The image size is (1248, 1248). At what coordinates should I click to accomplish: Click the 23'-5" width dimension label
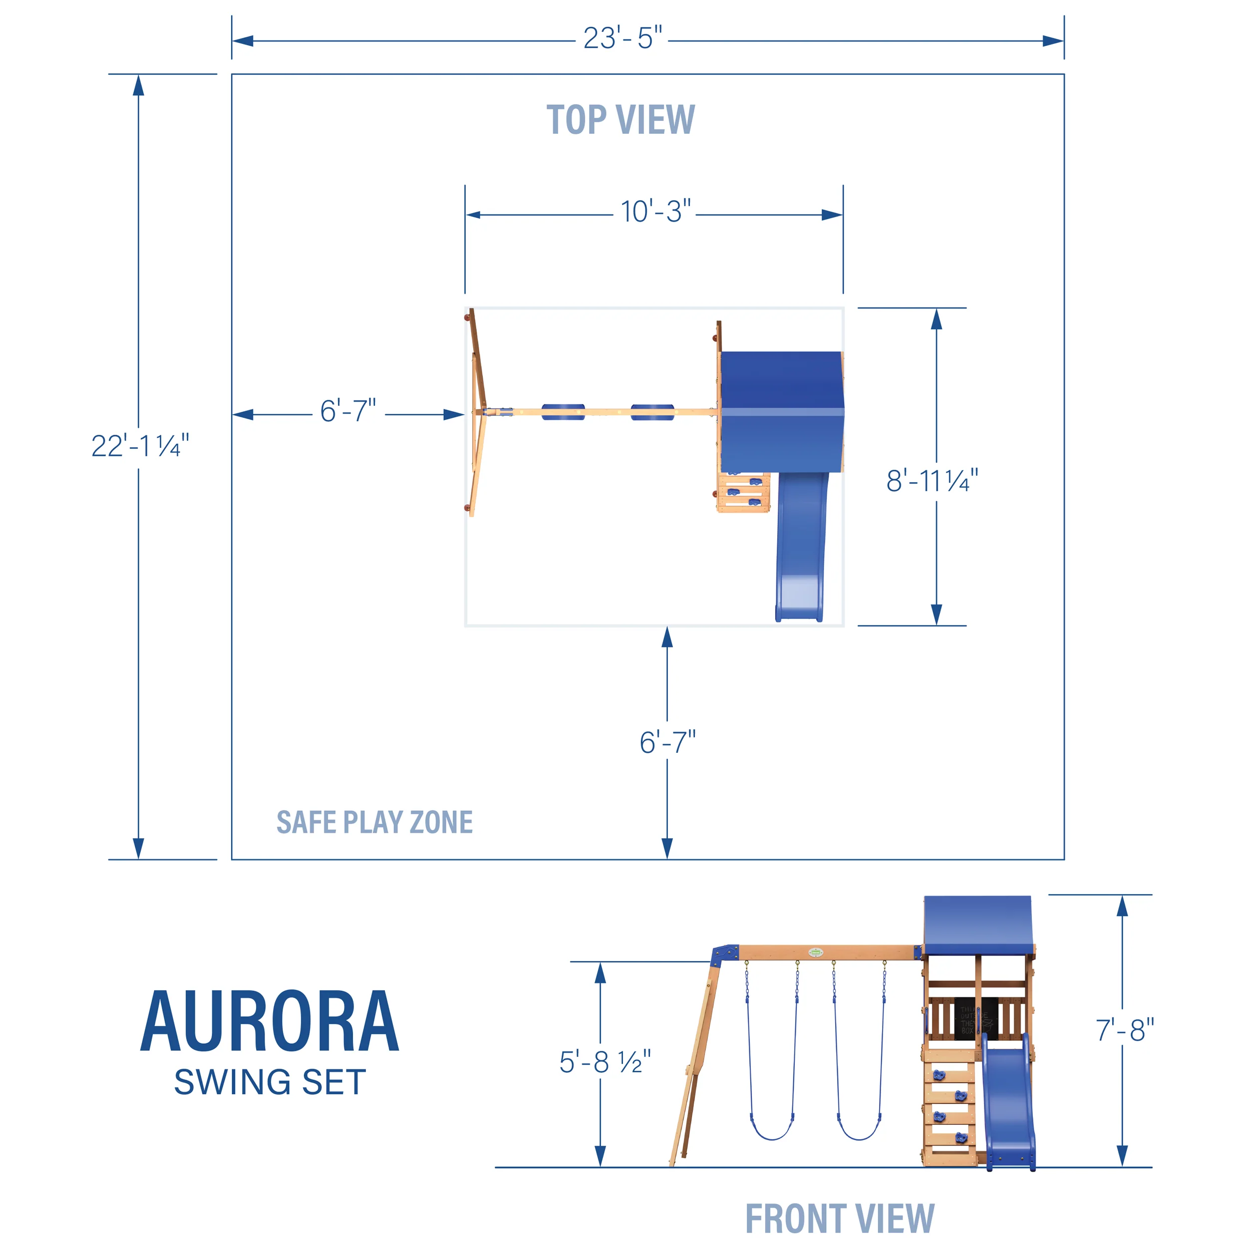[x=622, y=39]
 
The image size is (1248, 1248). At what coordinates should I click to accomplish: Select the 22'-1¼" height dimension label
[x=140, y=446]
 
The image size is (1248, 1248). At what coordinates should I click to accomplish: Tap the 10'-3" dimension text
[x=655, y=212]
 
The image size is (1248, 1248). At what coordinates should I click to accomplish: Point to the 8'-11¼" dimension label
[x=932, y=481]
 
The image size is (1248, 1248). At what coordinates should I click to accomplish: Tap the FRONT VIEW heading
[x=839, y=1219]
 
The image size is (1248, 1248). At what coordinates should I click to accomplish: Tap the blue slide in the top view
[x=801, y=549]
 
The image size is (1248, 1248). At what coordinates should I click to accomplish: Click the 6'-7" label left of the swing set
[x=347, y=411]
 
